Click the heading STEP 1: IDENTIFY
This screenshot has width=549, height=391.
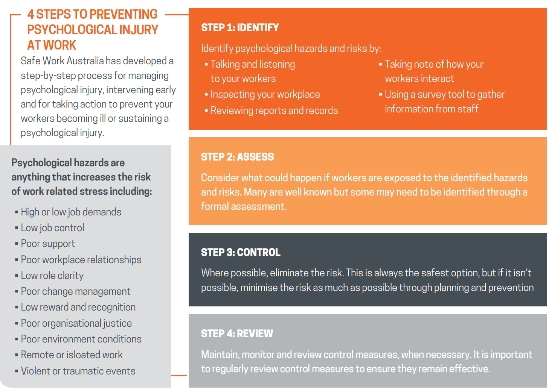(240, 27)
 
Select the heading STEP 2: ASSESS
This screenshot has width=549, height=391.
(237, 157)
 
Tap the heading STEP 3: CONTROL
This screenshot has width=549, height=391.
(241, 252)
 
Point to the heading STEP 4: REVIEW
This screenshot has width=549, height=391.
(237, 333)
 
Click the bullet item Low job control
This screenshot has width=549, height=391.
(52, 228)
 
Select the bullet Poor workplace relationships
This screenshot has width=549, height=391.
(81, 260)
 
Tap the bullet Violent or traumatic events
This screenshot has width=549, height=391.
(78, 371)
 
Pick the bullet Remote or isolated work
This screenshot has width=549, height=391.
(72, 355)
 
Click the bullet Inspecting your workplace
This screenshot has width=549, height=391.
(265, 94)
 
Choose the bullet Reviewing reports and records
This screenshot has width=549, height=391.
(274, 111)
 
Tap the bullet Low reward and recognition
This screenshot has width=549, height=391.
(78, 307)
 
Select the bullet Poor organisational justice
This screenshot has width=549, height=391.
(76, 323)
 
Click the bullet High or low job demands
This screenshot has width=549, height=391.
(71, 212)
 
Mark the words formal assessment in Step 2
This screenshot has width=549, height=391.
(243, 206)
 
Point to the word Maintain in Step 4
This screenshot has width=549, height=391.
(220, 355)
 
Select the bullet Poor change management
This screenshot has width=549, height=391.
(75, 291)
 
